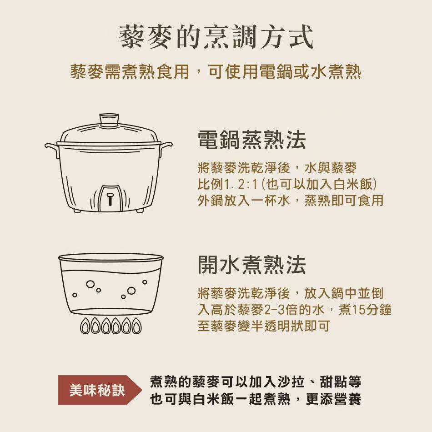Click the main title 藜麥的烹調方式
point(216,37)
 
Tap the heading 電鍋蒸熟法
point(252,140)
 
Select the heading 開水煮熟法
point(252,265)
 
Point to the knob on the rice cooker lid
point(110,120)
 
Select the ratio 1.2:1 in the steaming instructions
point(241,184)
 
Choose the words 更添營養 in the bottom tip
point(333,398)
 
